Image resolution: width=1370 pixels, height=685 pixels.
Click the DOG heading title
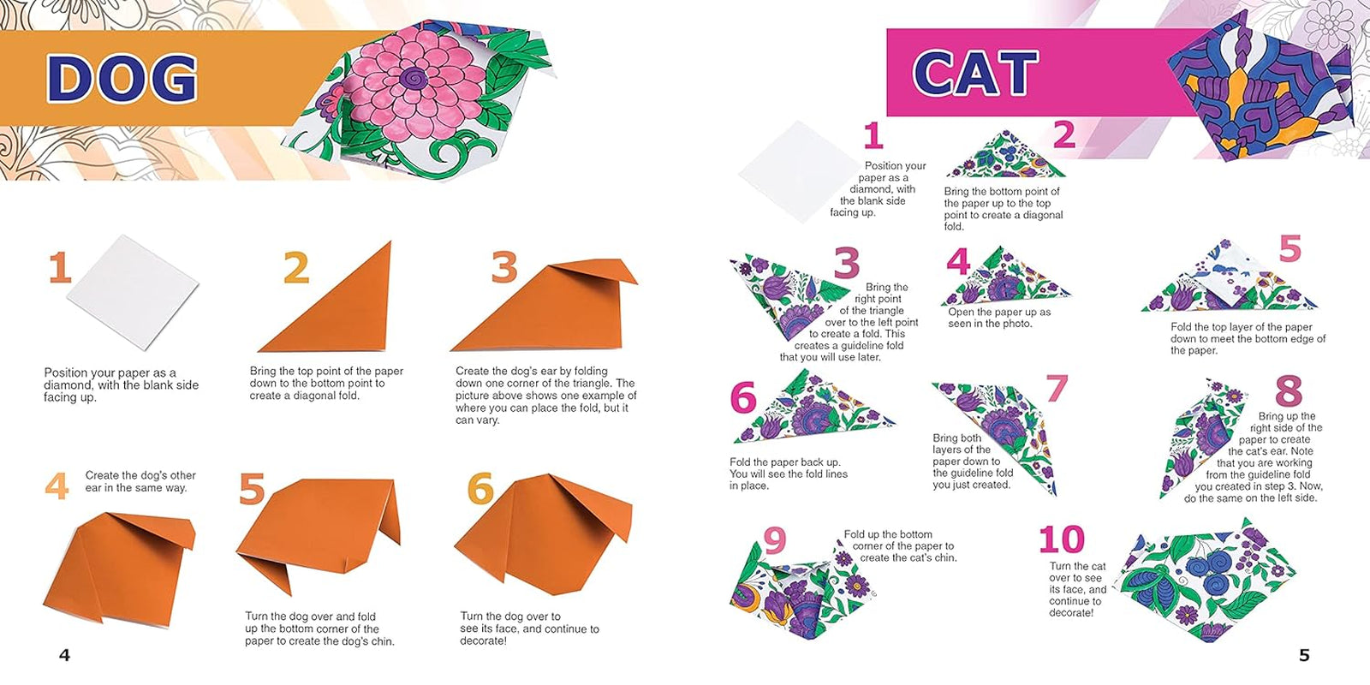click(122, 78)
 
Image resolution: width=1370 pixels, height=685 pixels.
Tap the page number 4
click(64, 655)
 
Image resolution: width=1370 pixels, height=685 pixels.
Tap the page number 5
click(1304, 655)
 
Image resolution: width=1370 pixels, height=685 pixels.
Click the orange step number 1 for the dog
click(59, 268)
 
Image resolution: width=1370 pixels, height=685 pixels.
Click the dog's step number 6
click(480, 489)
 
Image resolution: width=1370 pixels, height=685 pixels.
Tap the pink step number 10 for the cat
click(1062, 540)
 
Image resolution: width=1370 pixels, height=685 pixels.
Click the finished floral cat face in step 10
click(1199, 582)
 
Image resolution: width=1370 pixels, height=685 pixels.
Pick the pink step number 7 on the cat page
click(1057, 388)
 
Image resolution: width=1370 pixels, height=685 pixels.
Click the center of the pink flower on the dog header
click(414, 80)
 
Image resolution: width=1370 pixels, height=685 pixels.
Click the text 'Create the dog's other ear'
click(140, 475)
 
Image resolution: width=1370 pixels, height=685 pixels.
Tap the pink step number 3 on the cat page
click(846, 263)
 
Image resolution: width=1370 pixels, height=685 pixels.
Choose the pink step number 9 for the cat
click(774, 540)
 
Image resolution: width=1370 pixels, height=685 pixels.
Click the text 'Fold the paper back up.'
click(784, 462)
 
